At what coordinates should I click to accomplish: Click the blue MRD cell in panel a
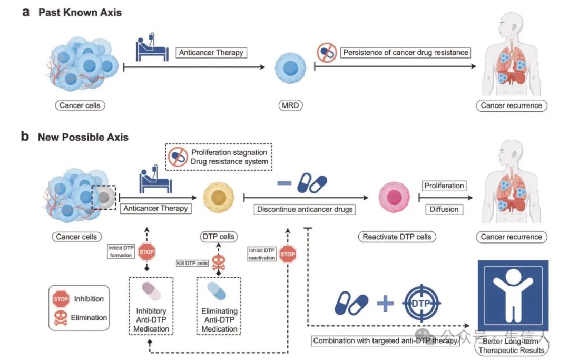point(288,69)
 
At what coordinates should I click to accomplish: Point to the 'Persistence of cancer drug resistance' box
point(405,53)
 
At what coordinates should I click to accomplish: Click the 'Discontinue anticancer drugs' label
point(305,209)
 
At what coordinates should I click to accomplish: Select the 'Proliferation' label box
point(444,186)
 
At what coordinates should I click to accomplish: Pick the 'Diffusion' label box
point(444,209)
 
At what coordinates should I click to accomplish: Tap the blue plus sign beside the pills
point(385,304)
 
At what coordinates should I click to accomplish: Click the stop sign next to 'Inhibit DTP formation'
point(146,252)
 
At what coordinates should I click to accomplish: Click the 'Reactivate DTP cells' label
point(397,237)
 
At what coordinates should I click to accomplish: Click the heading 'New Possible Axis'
point(83,137)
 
